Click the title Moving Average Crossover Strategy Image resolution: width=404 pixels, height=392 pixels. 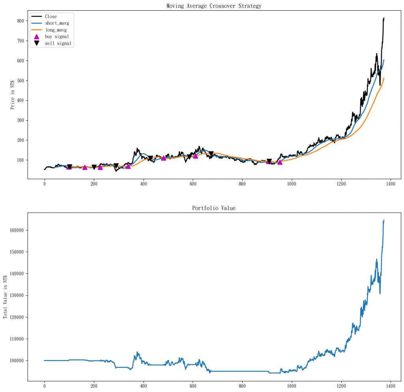[x=214, y=6]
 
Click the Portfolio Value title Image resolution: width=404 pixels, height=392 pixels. [x=214, y=208]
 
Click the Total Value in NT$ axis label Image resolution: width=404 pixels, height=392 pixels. [x=6, y=297]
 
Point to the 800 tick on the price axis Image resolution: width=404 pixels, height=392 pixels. [x=19, y=21]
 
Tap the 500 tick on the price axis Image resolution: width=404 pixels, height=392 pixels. [x=19, y=80]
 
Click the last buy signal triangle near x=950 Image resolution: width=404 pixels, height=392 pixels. [x=280, y=162]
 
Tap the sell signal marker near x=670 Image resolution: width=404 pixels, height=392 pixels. [x=211, y=154]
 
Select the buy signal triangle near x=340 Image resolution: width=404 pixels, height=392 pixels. [x=128, y=166]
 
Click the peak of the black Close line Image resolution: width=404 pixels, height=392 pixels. [x=384, y=18]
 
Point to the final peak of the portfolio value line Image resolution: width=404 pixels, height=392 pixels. [x=384, y=220]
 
